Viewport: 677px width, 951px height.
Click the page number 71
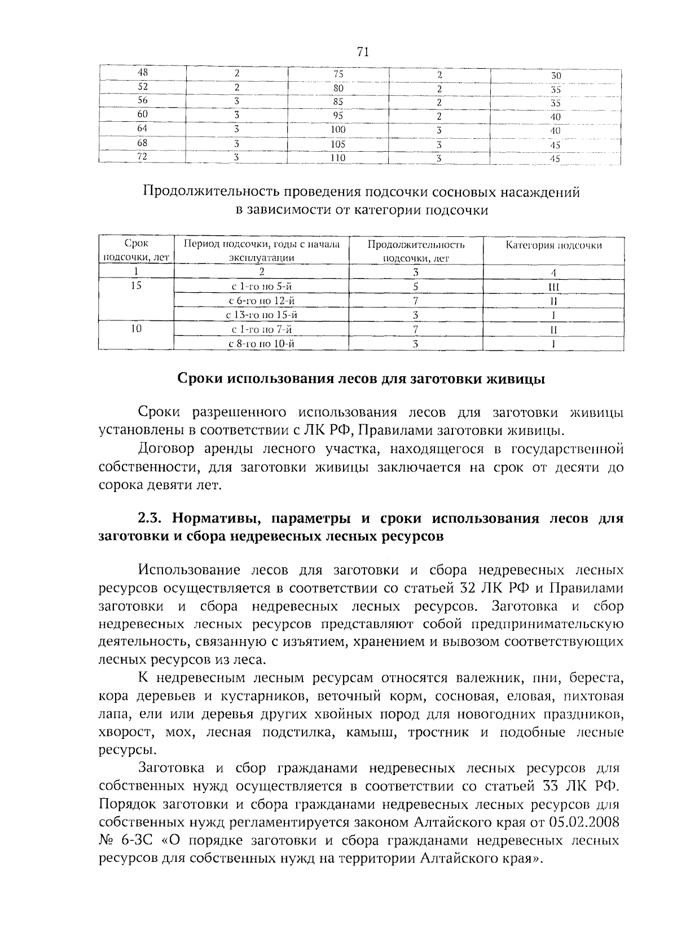[x=363, y=52]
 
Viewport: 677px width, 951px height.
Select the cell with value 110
[x=337, y=158]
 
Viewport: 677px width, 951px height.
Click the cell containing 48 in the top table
[x=143, y=73]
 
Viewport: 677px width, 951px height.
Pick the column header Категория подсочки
[x=553, y=245]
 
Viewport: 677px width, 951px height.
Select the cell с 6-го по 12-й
[x=261, y=301]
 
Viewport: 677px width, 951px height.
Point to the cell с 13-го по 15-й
[x=261, y=315]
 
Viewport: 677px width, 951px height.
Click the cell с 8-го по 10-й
[x=261, y=344]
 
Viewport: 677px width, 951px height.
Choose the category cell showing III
[x=553, y=287]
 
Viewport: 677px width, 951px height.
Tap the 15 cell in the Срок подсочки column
[x=135, y=286]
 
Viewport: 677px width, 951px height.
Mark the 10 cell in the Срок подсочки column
[x=135, y=329]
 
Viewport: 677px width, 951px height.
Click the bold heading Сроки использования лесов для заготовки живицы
[x=361, y=379]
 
